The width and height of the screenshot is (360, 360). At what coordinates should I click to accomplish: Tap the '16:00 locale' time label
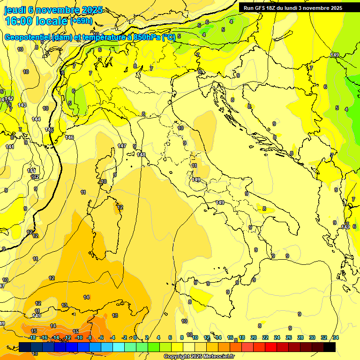pos(36,21)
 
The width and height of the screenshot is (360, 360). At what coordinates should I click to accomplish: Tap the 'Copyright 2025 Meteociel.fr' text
pos(198,357)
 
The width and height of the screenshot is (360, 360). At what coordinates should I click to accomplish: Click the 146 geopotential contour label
pos(69,137)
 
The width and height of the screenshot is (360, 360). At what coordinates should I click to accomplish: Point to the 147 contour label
pos(122,146)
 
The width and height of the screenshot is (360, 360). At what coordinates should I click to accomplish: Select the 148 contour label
pos(141,155)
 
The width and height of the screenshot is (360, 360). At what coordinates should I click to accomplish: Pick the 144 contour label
pos(36,119)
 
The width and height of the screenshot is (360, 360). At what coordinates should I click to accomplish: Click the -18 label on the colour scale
pos(32,337)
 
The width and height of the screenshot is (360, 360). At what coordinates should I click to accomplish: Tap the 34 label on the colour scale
pos(335,337)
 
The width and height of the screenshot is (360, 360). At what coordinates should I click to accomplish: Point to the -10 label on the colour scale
pos(79,337)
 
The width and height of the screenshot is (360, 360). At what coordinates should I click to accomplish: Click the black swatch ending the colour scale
pos(330,347)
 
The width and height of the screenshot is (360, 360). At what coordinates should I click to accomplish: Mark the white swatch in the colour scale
pos(189,347)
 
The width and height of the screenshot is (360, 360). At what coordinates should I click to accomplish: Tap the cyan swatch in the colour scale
pos(119,347)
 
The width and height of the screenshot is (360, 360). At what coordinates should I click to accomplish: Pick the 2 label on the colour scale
pos(147,337)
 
